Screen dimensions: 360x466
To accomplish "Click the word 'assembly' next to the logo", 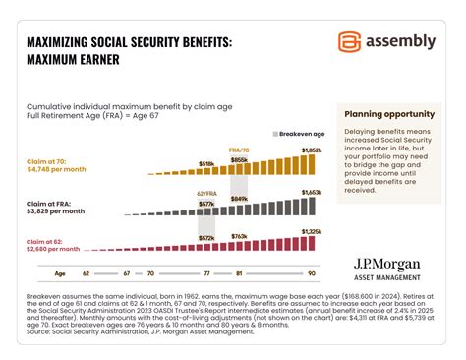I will click(399, 41).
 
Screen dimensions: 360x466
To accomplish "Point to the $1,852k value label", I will click(310, 150).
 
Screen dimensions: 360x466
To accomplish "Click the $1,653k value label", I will click(310, 194).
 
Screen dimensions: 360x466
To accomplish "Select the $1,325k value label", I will click(310, 231).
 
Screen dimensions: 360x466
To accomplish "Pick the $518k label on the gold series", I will click(206, 164).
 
